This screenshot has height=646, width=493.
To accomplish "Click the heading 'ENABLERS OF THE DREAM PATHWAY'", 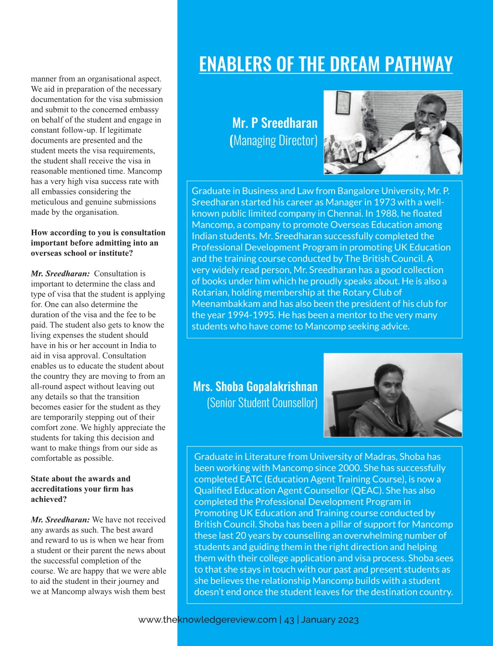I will [x=326, y=64].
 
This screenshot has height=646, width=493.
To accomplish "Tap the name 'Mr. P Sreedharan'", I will [x=275, y=123].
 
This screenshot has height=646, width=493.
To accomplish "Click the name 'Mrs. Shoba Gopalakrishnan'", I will [x=255, y=386].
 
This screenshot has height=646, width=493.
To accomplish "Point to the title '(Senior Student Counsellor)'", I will [x=262, y=403].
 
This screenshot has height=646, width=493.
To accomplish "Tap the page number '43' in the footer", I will [x=289, y=620].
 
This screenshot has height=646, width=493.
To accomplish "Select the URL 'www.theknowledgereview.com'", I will [x=208, y=620].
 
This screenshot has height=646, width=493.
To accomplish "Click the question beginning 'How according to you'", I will [x=98, y=243].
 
